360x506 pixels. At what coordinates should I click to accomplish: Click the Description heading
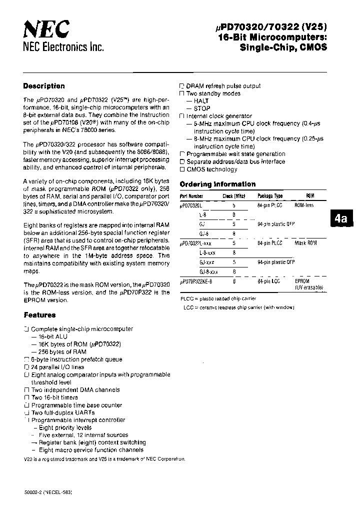[x=44, y=86]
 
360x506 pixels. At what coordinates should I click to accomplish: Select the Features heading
[x=39, y=315]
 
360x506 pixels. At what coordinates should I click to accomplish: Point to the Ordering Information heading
[x=217, y=184]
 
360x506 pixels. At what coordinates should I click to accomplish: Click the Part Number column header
[x=191, y=196]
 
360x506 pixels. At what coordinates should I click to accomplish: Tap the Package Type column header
[x=270, y=196]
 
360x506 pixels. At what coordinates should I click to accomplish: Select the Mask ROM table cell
[x=306, y=243]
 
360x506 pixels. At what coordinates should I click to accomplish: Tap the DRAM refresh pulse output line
[x=223, y=86]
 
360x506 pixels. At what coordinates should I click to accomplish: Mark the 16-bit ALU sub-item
[x=51, y=337]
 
